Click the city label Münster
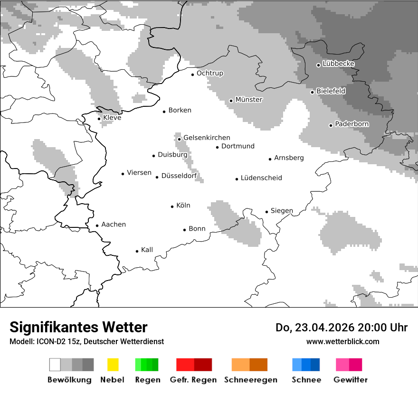pyautogui.click(x=249, y=100)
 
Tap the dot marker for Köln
pyautogui.click(x=172, y=206)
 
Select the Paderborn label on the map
pyautogui.click(x=352, y=124)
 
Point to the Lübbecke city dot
pyautogui.click(x=319, y=65)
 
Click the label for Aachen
pyautogui.click(x=114, y=225)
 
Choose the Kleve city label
pyautogui.click(x=112, y=118)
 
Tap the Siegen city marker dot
pyautogui.click(x=267, y=212)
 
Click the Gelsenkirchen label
pyautogui.click(x=207, y=138)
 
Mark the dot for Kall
pyautogui.click(x=137, y=251)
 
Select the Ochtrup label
pyautogui.click(x=210, y=74)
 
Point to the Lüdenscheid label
pyautogui.click(x=261, y=178)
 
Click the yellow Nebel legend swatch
pyautogui.click(x=113, y=365)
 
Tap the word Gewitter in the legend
pyautogui.click(x=351, y=380)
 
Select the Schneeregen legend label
pyautogui.click(x=251, y=380)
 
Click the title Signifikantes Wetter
pyautogui.click(x=78, y=328)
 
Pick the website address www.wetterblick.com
pyautogui.click(x=343, y=342)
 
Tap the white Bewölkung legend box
pyautogui.click(x=55, y=365)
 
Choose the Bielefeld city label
pyautogui.click(x=331, y=91)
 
